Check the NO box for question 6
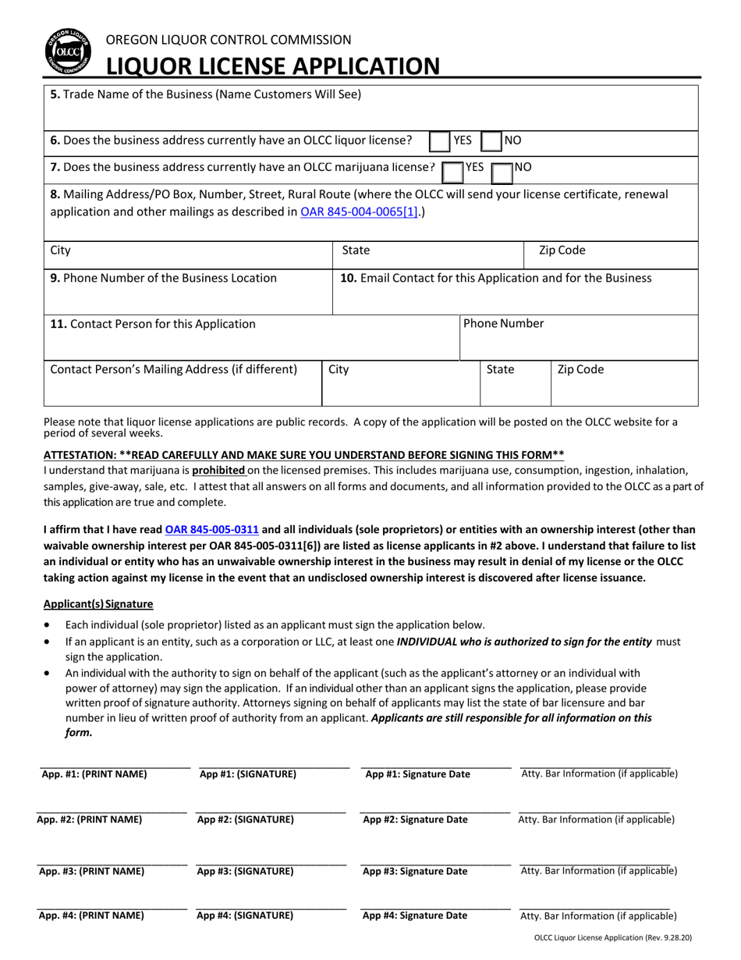(491, 141)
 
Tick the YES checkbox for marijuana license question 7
(452, 169)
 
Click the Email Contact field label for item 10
(496, 278)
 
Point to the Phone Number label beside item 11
(504, 324)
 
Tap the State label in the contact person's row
(500, 369)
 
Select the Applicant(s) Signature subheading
(98, 603)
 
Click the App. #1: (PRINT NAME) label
(94, 774)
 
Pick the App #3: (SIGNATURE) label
(246, 871)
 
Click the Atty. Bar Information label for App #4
(598, 916)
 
